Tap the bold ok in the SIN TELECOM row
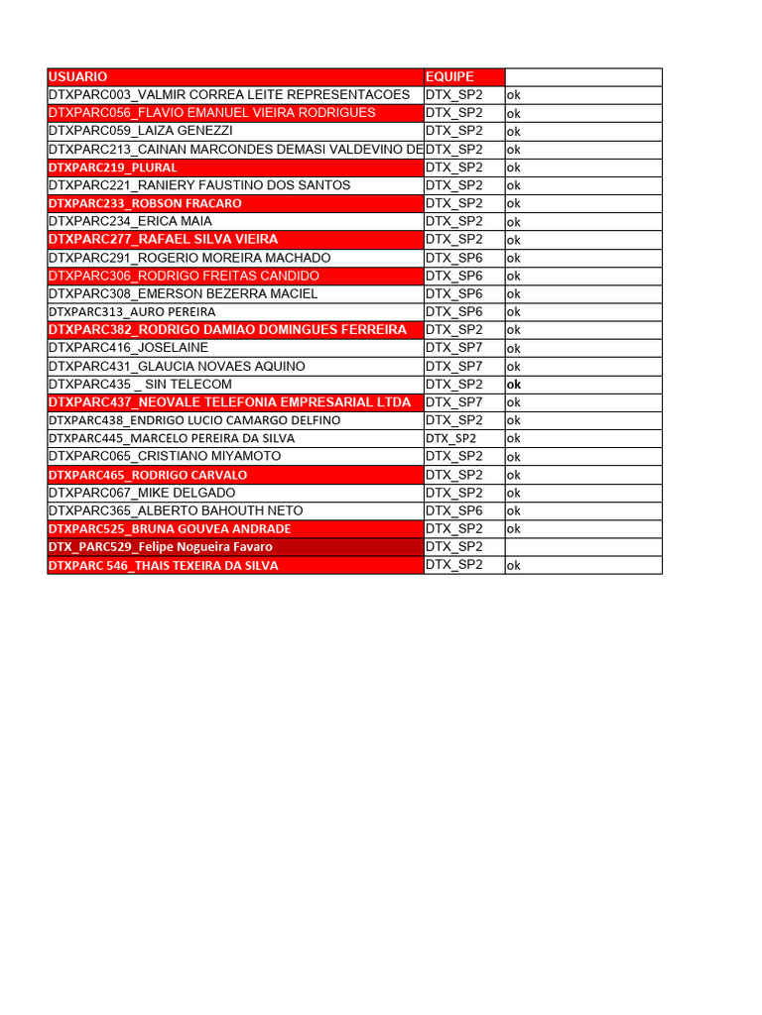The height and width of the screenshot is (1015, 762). pyautogui.click(x=514, y=385)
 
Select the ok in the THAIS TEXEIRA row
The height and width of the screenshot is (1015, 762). pyautogui.click(x=514, y=566)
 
